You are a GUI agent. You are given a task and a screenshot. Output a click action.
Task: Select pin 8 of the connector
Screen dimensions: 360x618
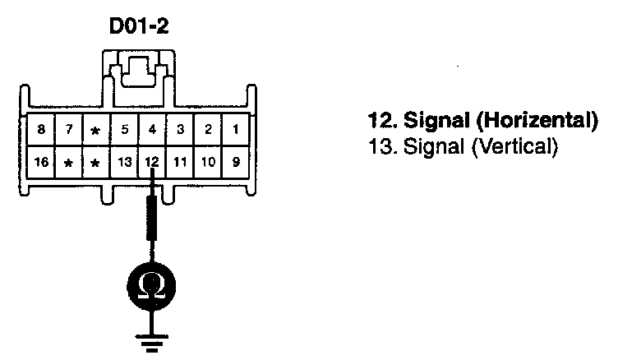[41, 130]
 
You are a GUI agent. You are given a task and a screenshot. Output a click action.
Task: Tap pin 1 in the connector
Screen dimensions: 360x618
[236, 130]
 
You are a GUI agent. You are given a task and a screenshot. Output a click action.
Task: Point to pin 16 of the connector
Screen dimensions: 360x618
[41, 161]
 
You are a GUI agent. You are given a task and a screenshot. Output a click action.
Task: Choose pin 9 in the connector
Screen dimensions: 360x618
[236, 161]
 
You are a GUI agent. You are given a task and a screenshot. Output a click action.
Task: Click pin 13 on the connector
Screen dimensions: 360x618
[124, 161]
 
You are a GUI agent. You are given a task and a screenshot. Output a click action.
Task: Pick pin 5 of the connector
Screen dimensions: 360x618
[124, 130]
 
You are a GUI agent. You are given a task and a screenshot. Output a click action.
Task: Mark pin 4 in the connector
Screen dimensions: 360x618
[152, 130]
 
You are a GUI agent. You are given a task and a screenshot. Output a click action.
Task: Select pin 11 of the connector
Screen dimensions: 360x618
[180, 161]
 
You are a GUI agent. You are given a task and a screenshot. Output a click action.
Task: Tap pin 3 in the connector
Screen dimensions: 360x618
[180, 130]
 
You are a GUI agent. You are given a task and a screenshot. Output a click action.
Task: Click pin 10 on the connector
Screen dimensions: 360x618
[208, 161]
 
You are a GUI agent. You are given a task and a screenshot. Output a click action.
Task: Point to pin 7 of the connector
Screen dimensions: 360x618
[69, 130]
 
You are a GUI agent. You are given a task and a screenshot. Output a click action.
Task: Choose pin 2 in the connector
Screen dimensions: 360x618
[208, 130]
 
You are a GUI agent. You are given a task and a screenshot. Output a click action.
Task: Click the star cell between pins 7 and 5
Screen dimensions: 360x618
[96, 130]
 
